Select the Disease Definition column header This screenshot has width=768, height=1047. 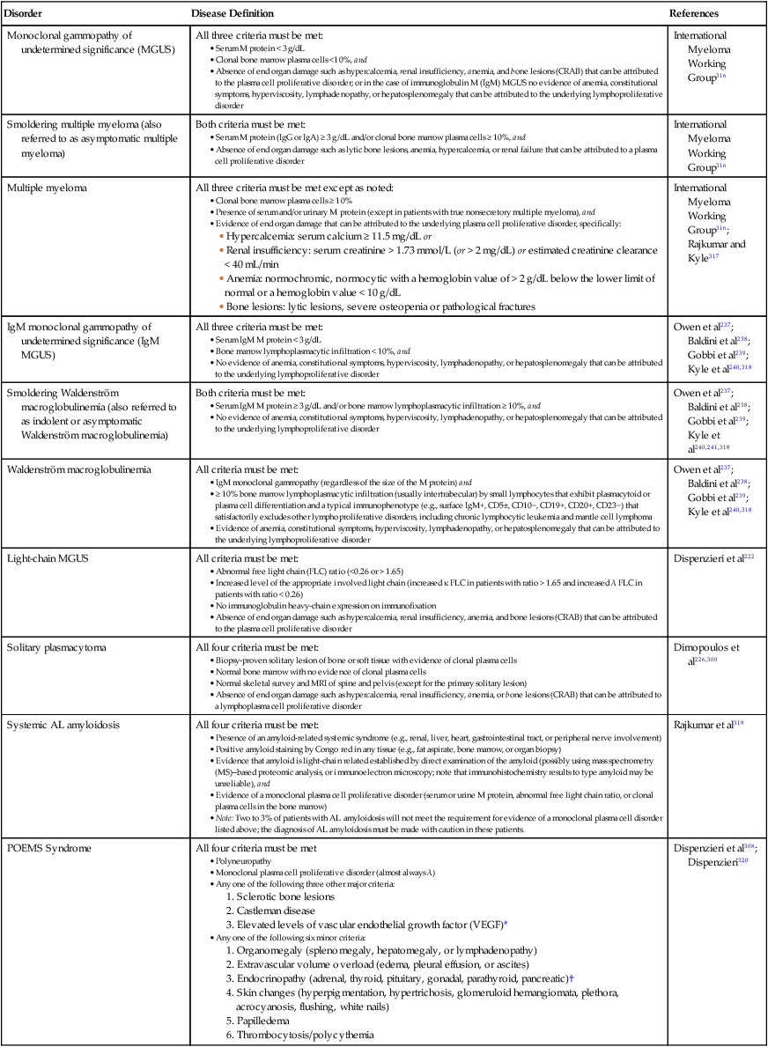[233, 14]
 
